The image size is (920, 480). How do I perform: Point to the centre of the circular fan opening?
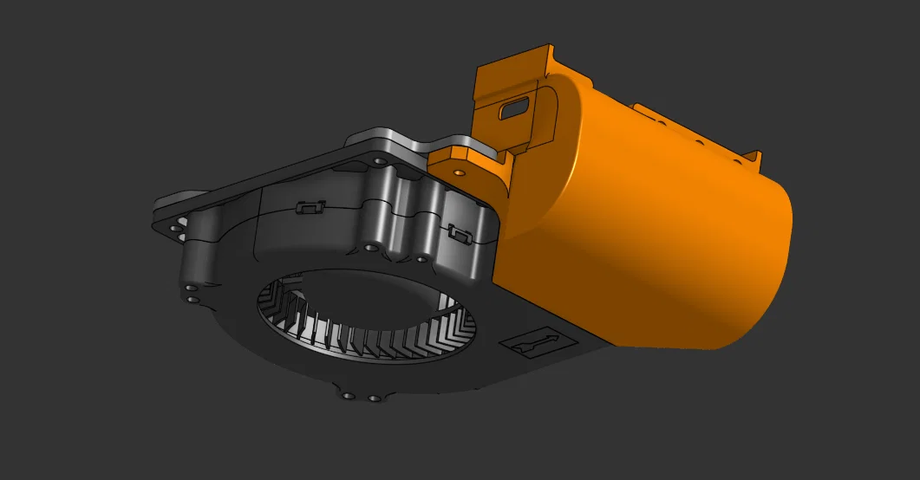click(x=369, y=316)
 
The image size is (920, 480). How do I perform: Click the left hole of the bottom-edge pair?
click(x=348, y=396)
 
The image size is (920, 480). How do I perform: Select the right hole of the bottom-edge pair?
click(x=374, y=399)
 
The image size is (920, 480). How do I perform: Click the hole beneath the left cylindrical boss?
click(x=370, y=248)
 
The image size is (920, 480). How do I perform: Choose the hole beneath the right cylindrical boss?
click(x=421, y=257)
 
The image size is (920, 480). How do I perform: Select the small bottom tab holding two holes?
click(x=361, y=394)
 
